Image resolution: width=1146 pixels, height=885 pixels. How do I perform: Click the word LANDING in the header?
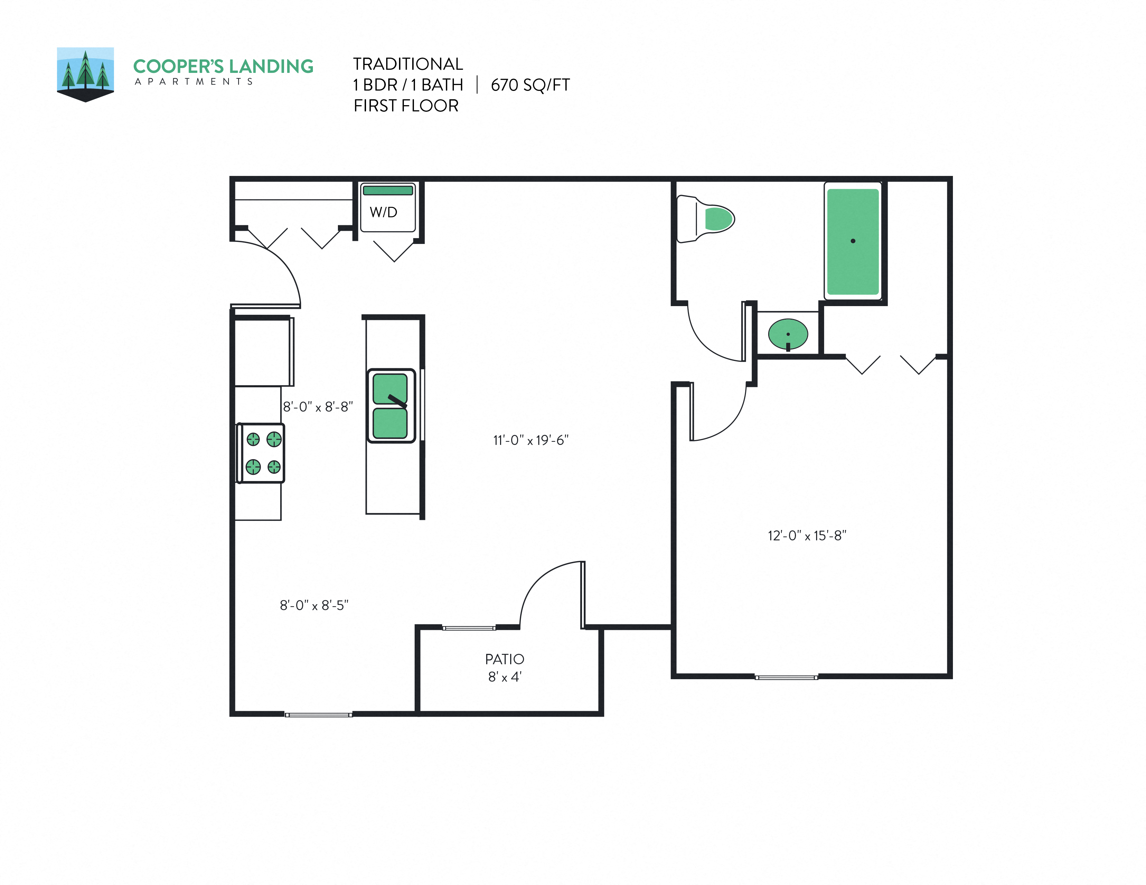point(271,67)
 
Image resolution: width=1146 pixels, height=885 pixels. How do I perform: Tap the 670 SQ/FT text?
point(530,85)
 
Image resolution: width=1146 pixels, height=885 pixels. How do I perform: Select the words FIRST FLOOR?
point(406,106)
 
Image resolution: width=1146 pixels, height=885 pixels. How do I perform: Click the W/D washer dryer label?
point(384,212)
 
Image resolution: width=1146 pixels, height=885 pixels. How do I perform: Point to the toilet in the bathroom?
point(706,219)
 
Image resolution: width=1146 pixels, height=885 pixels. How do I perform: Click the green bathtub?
point(853,242)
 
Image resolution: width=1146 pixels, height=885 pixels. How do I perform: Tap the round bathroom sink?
point(788,334)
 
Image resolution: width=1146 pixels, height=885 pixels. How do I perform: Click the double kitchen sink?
point(391,406)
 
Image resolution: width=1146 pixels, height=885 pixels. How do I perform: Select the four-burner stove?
point(261,453)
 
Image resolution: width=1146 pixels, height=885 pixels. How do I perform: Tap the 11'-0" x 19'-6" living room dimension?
point(531,440)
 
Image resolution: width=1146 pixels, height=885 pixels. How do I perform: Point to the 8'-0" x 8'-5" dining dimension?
point(314,606)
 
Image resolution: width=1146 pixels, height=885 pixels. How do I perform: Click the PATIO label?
point(504,659)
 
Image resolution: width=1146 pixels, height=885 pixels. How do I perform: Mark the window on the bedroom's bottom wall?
point(786,677)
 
